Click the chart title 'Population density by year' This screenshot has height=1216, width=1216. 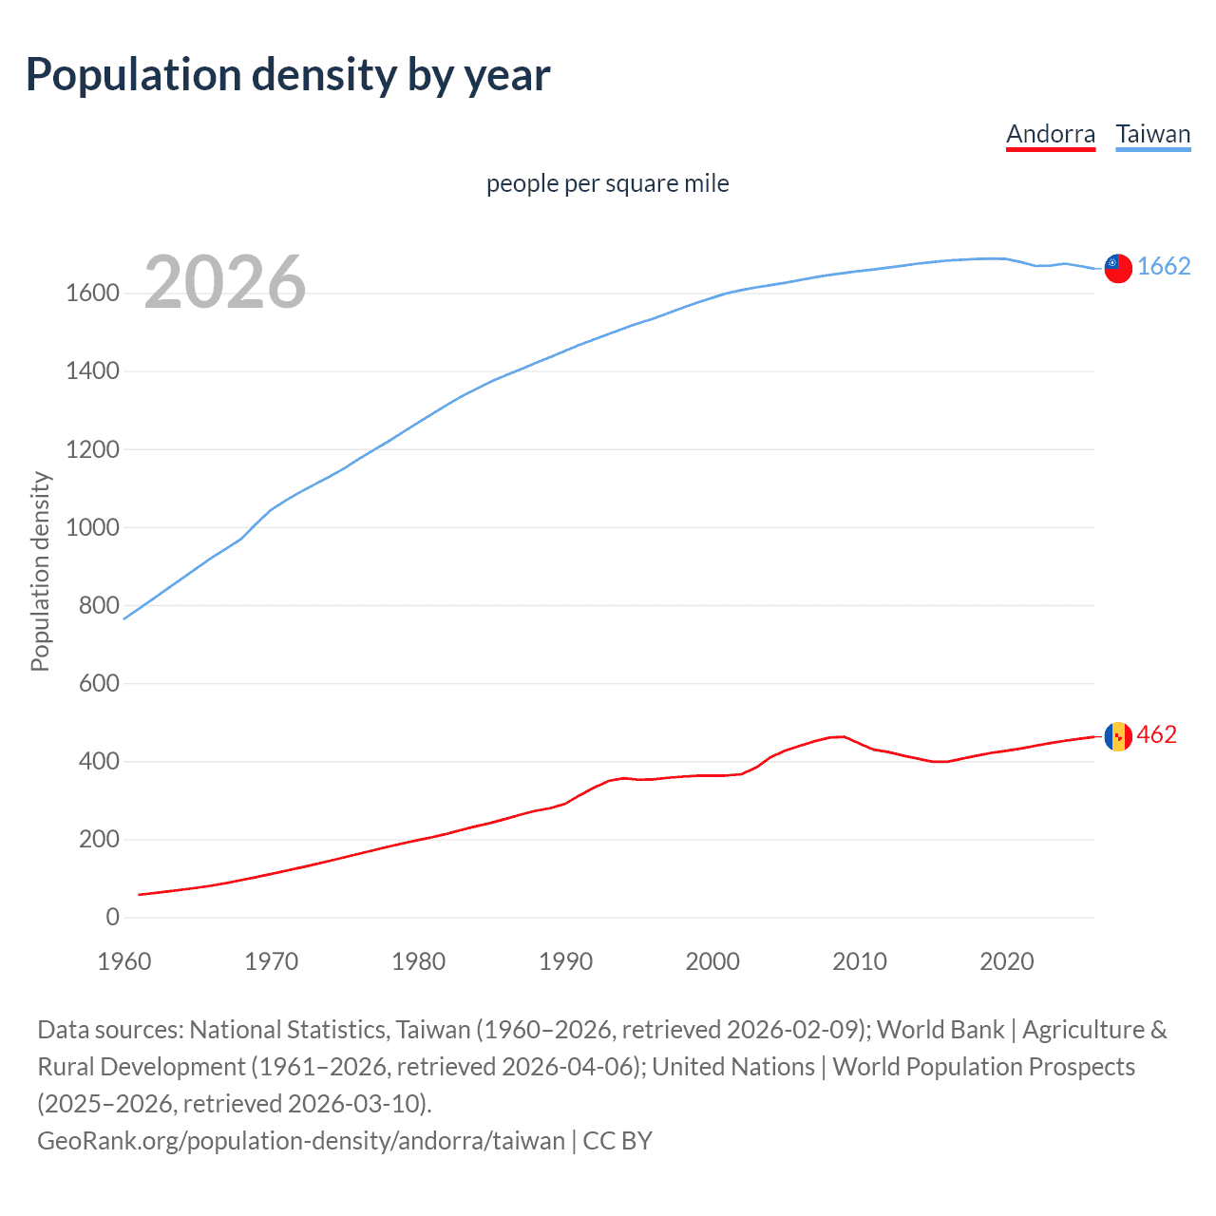pos(288,75)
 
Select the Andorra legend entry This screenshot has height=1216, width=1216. pos(1051,134)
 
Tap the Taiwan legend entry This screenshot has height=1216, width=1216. pos(1152,134)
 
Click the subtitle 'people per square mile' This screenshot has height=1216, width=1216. pos(607,183)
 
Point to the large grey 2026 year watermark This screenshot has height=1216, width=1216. pos(225,282)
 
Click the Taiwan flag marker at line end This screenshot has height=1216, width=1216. pos(1117,269)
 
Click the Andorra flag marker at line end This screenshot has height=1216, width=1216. pos(1117,736)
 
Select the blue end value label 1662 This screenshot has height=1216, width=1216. pos(1164,266)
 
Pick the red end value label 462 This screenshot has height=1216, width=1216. pos(1156,734)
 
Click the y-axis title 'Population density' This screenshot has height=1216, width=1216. pos(40,572)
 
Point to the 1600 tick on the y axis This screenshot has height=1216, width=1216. pos(92,294)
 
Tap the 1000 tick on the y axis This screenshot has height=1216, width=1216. pos(92,527)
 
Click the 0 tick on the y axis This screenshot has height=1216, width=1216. pos(113,917)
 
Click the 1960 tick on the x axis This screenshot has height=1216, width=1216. pos(124,961)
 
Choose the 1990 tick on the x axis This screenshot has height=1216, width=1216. pos(565,961)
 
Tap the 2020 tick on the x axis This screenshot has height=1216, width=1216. pos(1006,961)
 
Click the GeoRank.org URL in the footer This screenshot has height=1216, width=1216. pos(300,1140)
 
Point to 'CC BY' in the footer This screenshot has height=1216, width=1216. pos(617,1140)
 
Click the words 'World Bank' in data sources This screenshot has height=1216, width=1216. pos(940,1030)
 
